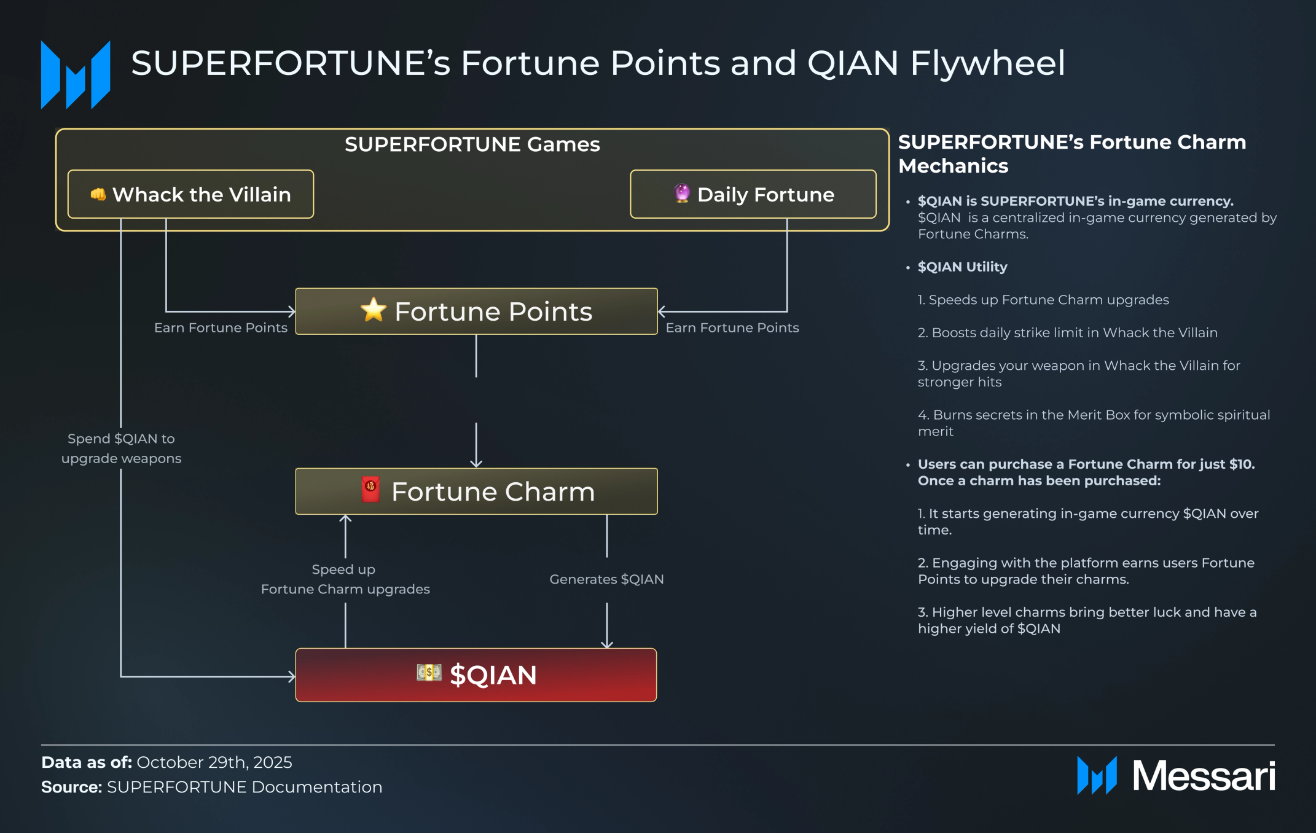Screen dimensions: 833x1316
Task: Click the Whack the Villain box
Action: click(x=190, y=194)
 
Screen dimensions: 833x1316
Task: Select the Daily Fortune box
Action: click(x=753, y=194)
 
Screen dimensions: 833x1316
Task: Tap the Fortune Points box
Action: click(x=476, y=311)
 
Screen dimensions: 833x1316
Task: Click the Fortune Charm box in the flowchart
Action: click(x=476, y=491)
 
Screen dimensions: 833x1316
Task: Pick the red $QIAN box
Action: click(x=476, y=675)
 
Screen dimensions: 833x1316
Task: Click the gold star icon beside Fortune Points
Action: click(x=373, y=310)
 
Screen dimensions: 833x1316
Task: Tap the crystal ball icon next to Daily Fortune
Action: click(x=682, y=193)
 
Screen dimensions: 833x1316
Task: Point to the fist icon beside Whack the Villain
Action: click(x=98, y=194)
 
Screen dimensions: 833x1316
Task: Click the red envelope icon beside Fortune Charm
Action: click(x=370, y=490)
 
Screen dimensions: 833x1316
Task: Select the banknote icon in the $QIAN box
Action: click(x=429, y=673)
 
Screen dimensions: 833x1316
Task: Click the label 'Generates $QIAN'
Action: click(x=606, y=579)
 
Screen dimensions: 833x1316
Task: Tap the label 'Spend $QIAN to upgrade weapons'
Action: click(x=121, y=448)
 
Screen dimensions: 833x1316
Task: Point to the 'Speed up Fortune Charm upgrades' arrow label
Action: click(x=345, y=579)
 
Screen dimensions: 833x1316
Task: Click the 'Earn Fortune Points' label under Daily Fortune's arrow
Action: click(x=732, y=328)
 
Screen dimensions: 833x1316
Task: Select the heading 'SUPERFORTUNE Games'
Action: click(x=472, y=144)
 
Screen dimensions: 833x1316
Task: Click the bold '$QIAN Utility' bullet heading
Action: click(x=962, y=267)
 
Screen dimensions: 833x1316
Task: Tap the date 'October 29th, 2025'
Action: click(x=214, y=762)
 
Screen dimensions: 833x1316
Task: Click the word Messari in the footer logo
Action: click(x=1204, y=776)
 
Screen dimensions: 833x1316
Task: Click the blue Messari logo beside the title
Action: click(x=76, y=75)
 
